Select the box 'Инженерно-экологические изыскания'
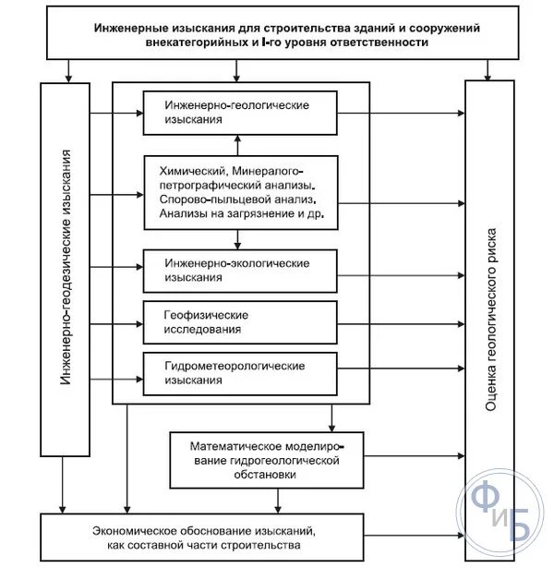(238, 270)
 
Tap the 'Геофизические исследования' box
(238, 321)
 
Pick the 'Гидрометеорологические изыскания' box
(238, 373)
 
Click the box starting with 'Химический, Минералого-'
(238, 192)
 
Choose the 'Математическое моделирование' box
(268, 458)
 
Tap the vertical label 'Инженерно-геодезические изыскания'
(65, 268)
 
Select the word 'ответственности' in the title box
(383, 43)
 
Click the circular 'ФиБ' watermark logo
(504, 512)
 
